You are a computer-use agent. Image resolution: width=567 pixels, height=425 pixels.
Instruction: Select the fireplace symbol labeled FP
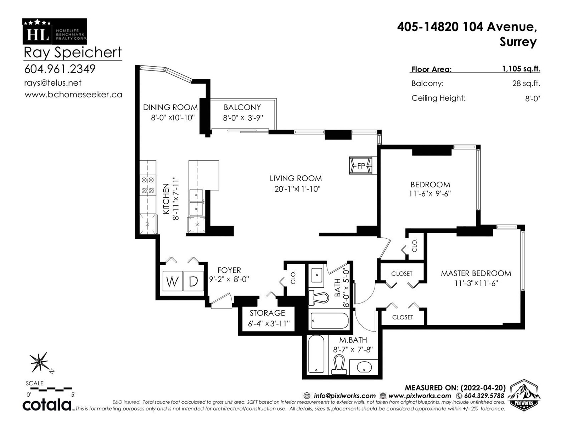click(361, 166)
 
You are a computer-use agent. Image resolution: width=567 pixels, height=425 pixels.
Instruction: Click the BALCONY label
click(242, 107)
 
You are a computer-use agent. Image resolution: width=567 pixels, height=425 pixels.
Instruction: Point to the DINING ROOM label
click(170, 107)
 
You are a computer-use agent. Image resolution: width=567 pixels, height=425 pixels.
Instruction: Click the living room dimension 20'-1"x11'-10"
click(297, 189)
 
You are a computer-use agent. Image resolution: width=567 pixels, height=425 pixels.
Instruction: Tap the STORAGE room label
click(267, 313)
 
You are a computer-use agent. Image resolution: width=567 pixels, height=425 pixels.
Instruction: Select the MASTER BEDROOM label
click(476, 273)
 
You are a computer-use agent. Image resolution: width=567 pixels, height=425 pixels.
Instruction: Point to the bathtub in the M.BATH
click(316, 354)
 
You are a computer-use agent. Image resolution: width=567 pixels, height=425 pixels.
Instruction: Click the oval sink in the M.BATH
click(364, 367)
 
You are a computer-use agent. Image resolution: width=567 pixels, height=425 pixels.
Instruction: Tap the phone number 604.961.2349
click(60, 69)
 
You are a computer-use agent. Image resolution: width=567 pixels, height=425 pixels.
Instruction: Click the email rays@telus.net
click(53, 83)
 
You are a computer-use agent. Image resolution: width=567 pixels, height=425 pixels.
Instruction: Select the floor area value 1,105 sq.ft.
click(521, 69)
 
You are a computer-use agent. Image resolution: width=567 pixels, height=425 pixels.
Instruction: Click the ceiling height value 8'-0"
click(533, 98)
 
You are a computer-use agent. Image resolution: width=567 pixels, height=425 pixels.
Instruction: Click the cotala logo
click(47, 405)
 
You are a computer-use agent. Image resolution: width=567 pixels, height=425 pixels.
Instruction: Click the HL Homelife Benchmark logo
click(55, 32)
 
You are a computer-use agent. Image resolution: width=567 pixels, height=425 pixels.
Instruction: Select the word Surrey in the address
click(518, 42)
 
